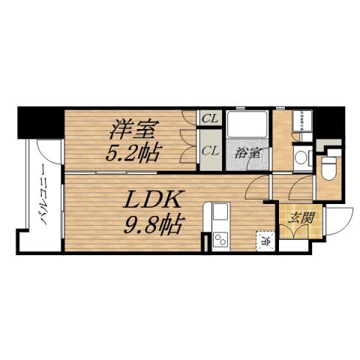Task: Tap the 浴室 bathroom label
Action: (247, 152)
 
